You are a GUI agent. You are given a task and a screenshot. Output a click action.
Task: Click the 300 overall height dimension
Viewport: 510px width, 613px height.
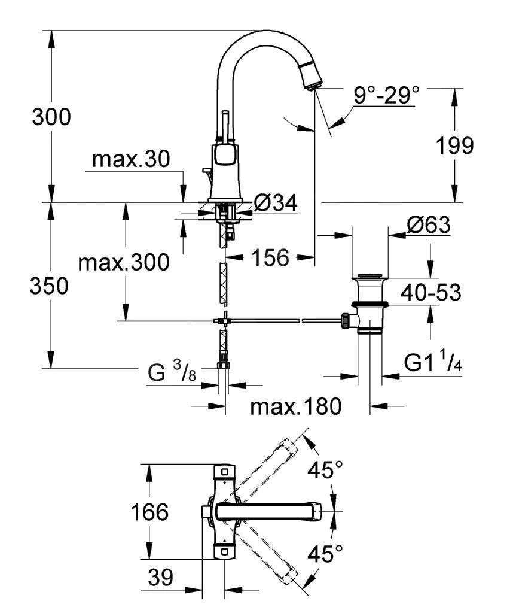(51, 117)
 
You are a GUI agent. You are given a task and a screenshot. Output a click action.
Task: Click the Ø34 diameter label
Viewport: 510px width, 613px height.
(276, 204)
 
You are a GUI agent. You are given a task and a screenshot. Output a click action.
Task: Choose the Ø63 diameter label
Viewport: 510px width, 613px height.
(428, 226)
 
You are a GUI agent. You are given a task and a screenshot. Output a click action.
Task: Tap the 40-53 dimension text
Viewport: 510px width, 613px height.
(432, 293)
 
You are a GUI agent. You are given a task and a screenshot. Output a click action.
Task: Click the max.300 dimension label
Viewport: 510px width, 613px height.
(124, 262)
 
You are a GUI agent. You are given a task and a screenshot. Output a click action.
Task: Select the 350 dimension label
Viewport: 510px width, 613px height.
(50, 286)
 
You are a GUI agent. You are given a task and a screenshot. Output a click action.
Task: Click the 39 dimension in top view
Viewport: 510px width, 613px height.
(160, 578)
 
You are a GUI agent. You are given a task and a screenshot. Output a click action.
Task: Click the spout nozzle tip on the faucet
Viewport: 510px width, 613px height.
(313, 83)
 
